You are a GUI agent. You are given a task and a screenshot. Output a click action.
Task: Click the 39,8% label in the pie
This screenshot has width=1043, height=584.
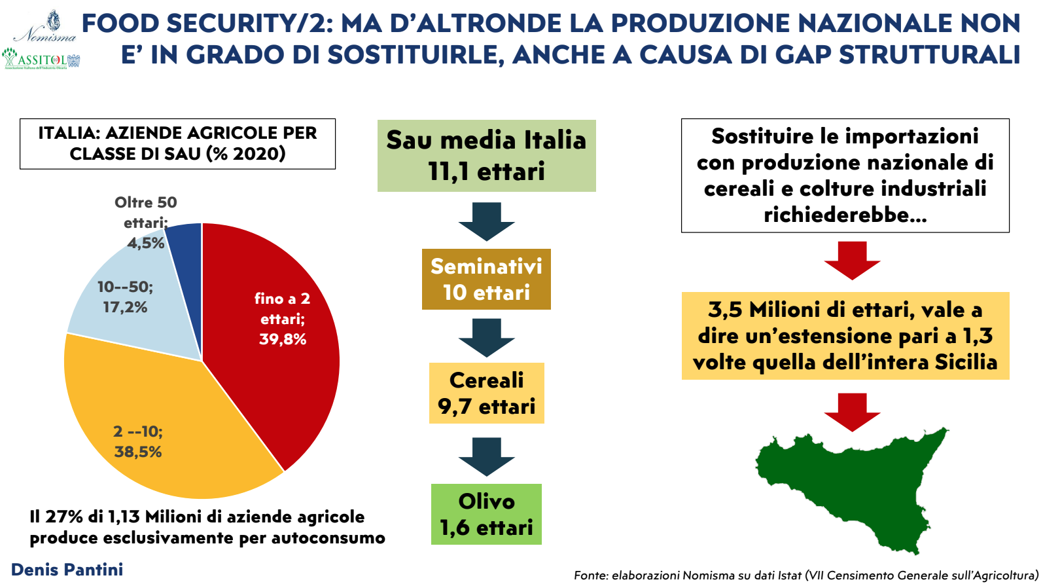283,339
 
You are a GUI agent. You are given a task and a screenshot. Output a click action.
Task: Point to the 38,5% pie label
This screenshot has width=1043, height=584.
137,452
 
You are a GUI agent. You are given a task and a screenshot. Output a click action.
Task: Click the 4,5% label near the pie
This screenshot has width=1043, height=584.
145,243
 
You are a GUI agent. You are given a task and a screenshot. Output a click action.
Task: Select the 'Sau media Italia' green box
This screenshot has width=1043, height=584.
486,156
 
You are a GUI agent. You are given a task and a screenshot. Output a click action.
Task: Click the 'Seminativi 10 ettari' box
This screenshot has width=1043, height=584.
486,279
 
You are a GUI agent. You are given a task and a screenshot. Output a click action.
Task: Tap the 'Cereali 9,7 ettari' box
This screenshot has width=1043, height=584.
486,393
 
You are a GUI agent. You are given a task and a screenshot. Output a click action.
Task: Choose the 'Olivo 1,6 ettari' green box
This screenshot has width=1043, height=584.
486,514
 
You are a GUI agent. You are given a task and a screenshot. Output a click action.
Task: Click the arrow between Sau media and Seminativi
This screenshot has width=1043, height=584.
486,221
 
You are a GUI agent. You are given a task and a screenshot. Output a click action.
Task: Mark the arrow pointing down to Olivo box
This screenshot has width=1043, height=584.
486,456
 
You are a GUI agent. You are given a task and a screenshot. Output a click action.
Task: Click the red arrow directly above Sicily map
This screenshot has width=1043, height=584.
851,411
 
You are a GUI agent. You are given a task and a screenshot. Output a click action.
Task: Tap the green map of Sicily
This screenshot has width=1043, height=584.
851,484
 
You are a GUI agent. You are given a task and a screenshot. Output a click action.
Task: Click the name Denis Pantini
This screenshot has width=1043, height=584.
67,570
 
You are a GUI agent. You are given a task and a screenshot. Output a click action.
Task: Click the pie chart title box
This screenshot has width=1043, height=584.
177,143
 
